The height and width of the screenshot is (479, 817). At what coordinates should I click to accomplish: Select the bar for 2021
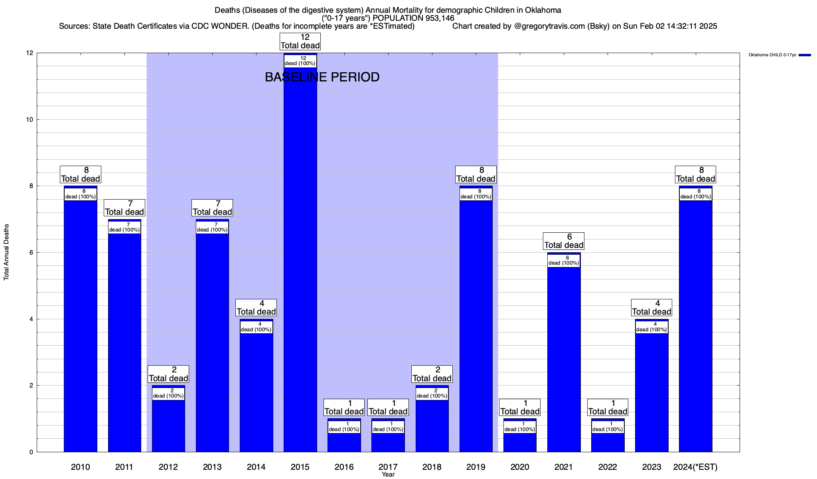pos(564,359)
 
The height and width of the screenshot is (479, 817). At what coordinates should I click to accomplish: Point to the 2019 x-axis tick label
pos(476,467)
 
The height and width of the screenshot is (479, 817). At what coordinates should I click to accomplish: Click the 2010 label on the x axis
pos(80,467)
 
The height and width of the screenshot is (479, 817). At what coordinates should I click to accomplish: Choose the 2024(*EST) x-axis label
pos(695,467)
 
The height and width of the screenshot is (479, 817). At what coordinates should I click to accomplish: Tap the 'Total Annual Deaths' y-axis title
pos(6,252)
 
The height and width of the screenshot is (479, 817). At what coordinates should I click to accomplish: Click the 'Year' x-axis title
pos(388,474)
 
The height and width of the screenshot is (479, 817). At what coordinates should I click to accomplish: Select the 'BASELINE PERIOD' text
pos(322,77)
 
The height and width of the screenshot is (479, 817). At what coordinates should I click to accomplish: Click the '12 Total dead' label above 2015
pos(300,42)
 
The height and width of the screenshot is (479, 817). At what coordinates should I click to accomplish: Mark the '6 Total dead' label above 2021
pos(564,241)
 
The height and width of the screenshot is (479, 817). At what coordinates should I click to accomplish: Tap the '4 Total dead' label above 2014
pos(256,308)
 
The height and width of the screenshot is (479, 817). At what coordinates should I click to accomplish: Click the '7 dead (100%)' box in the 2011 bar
pos(124,227)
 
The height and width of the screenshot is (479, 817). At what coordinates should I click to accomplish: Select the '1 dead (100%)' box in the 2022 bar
pos(608,427)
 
